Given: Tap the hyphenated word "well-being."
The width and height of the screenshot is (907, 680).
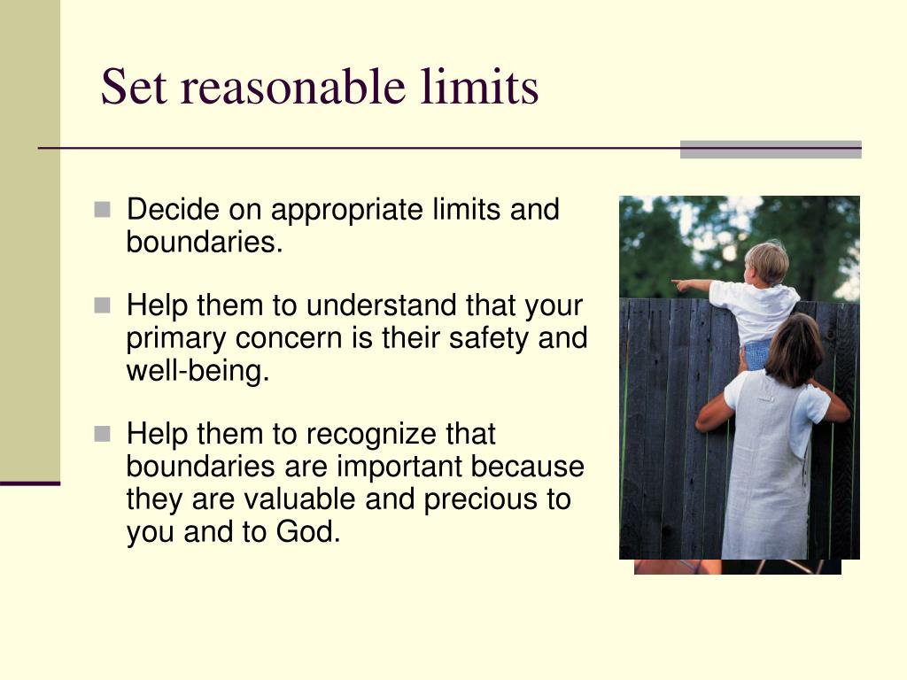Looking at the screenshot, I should pos(198,370).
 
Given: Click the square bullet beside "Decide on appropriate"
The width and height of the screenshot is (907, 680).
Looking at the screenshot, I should pos(104,211).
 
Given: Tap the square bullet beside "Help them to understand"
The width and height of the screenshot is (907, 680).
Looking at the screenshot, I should pos(104,306).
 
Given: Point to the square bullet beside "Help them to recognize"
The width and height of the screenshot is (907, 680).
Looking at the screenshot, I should pos(104,435).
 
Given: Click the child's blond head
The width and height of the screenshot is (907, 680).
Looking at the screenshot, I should pos(766,261).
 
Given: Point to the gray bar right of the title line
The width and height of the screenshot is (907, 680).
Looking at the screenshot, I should pos(771,150).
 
